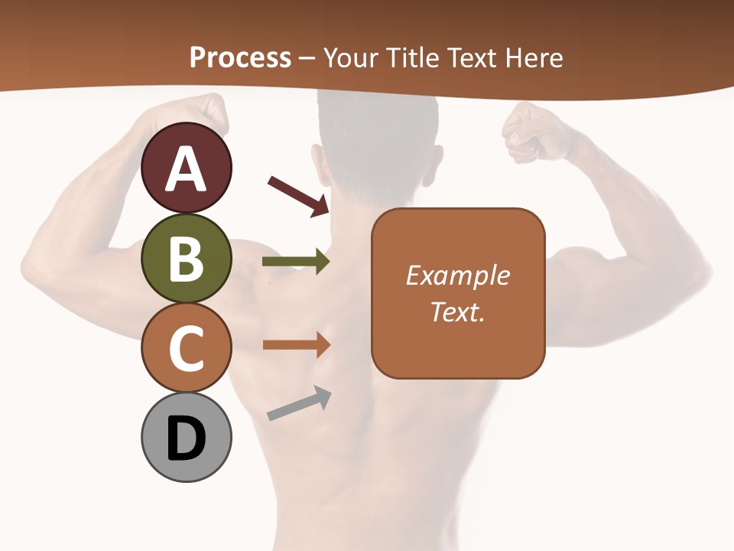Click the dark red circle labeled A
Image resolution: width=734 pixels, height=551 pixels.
(x=187, y=168)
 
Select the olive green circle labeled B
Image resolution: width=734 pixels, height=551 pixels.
(x=187, y=258)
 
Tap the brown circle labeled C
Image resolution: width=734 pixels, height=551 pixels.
(x=187, y=347)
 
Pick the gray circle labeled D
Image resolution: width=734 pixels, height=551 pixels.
(x=187, y=438)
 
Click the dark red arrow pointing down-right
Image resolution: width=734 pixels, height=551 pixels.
(x=299, y=196)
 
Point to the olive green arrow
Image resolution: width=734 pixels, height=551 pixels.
(x=296, y=262)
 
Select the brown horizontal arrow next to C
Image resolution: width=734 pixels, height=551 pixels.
(x=296, y=345)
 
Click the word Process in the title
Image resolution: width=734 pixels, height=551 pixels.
(x=240, y=58)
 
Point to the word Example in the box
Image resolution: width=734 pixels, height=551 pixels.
(x=457, y=275)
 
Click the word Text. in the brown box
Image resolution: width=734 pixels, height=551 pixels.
(x=457, y=311)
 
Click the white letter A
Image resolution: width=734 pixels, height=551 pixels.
(x=187, y=169)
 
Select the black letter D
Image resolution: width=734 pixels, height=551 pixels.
(x=187, y=439)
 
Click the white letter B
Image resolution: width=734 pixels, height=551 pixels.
(x=187, y=259)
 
